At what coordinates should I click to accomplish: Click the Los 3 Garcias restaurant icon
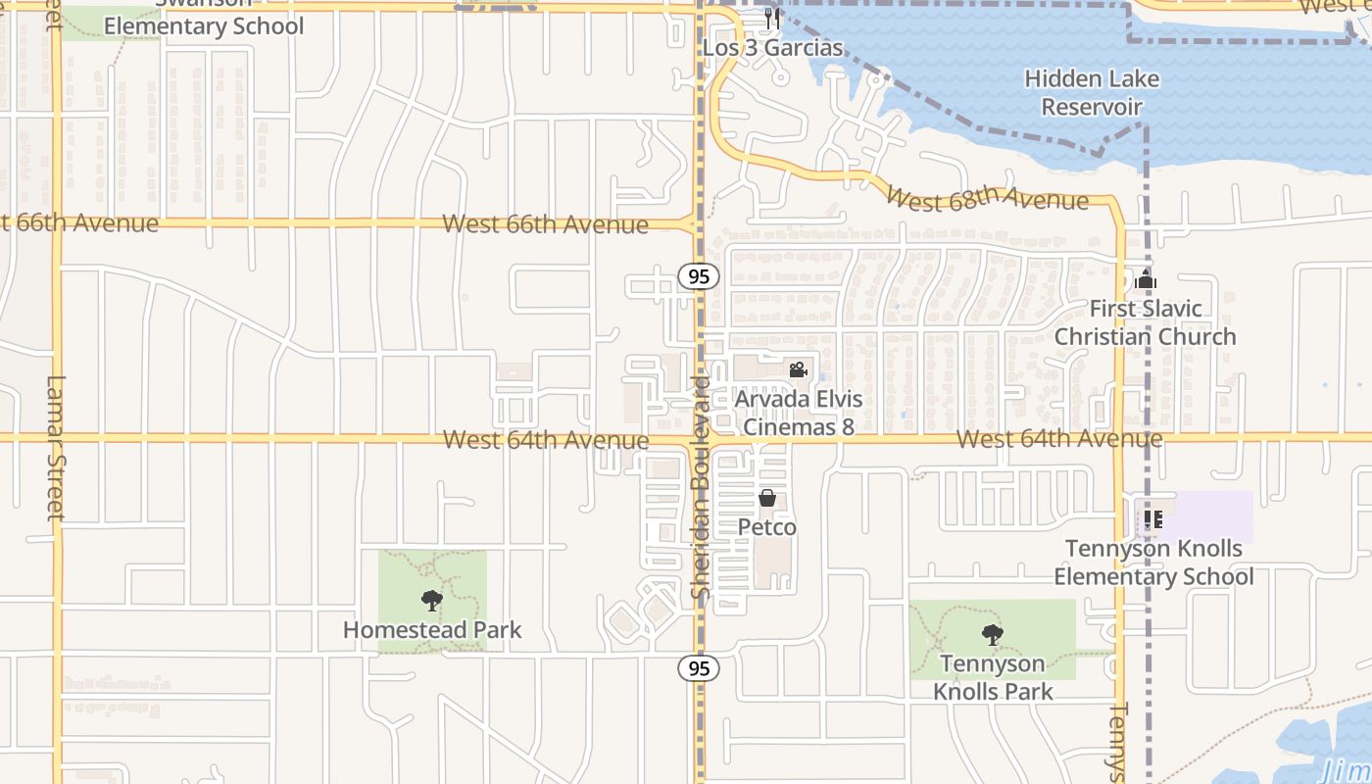click(x=773, y=19)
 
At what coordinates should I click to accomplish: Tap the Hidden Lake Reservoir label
click(x=1092, y=92)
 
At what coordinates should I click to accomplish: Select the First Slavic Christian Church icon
click(x=1145, y=280)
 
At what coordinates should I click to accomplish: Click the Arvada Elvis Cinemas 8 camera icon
click(x=798, y=370)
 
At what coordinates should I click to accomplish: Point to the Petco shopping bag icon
click(x=767, y=499)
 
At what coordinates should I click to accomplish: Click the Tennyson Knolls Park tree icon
click(x=992, y=635)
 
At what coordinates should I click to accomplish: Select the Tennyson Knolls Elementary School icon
click(x=1152, y=519)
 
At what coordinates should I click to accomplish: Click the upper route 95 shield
click(x=698, y=276)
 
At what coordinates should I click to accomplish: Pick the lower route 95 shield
click(x=698, y=668)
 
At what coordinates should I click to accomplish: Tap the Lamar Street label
click(x=55, y=447)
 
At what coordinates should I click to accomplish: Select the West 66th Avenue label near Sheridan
click(x=545, y=224)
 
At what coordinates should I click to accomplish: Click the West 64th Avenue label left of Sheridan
click(x=545, y=440)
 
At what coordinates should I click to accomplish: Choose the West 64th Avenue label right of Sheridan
click(x=1059, y=439)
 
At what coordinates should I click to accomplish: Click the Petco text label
click(x=767, y=527)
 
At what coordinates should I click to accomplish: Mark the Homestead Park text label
click(x=432, y=630)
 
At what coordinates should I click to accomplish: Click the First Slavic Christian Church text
click(x=1145, y=322)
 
